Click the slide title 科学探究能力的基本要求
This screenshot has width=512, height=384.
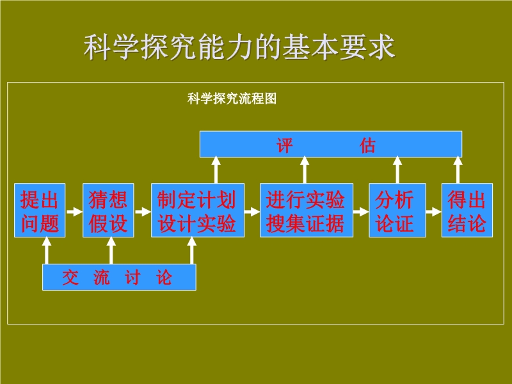click(x=239, y=47)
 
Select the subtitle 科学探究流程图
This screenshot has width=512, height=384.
click(x=232, y=99)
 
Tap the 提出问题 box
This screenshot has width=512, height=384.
click(x=40, y=211)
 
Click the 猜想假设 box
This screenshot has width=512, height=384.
click(x=108, y=211)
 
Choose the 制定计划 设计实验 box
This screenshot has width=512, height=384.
click(x=198, y=211)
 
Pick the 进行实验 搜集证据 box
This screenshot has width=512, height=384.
click(x=307, y=211)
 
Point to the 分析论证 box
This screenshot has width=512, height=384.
click(x=397, y=211)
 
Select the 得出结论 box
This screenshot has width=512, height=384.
click(x=467, y=211)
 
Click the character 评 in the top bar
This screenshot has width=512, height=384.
click(x=285, y=145)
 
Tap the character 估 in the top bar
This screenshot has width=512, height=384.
click(x=367, y=145)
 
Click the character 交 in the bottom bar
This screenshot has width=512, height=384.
click(x=70, y=278)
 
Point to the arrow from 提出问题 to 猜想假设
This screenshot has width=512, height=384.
click(x=74, y=212)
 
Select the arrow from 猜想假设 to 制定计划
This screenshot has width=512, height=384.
click(x=143, y=212)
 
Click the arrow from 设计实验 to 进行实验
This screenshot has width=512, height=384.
click(x=252, y=212)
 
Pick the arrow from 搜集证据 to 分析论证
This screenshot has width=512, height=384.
click(x=361, y=212)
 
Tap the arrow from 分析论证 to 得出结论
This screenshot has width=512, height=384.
click(x=434, y=212)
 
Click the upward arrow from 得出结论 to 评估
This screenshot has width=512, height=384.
click(x=458, y=170)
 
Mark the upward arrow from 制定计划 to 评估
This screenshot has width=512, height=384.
click(x=216, y=170)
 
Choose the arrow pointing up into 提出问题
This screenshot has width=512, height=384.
click(x=47, y=250)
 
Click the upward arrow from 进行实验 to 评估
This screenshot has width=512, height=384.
click(x=305, y=170)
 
